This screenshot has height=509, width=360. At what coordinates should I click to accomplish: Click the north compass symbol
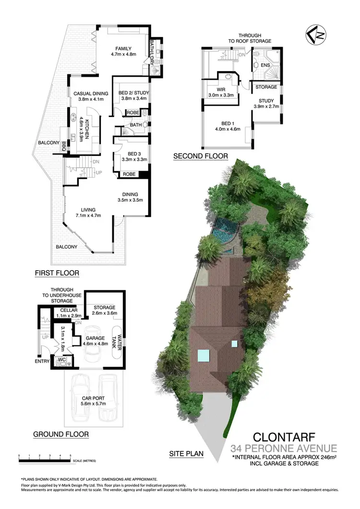click(x=315, y=36)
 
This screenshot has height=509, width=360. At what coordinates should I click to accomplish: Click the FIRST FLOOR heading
click(x=57, y=273)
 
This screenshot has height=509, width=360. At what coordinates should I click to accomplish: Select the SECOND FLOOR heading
click(x=201, y=156)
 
